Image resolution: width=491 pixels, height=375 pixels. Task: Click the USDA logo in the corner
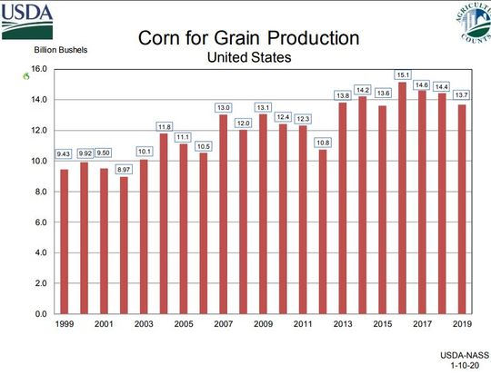pos(26,19)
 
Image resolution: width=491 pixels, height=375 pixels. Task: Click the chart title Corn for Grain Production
pos(247,38)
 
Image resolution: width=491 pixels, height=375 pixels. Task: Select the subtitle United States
pos(247,57)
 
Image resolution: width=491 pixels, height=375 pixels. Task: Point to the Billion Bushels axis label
pos(62,49)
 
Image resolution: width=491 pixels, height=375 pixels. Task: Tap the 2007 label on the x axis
pos(224,324)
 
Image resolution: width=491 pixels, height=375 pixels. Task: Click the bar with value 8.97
pos(124,244)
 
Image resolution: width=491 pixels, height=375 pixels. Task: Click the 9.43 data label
pos(64,153)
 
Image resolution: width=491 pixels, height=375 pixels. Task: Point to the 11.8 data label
pos(164,126)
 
